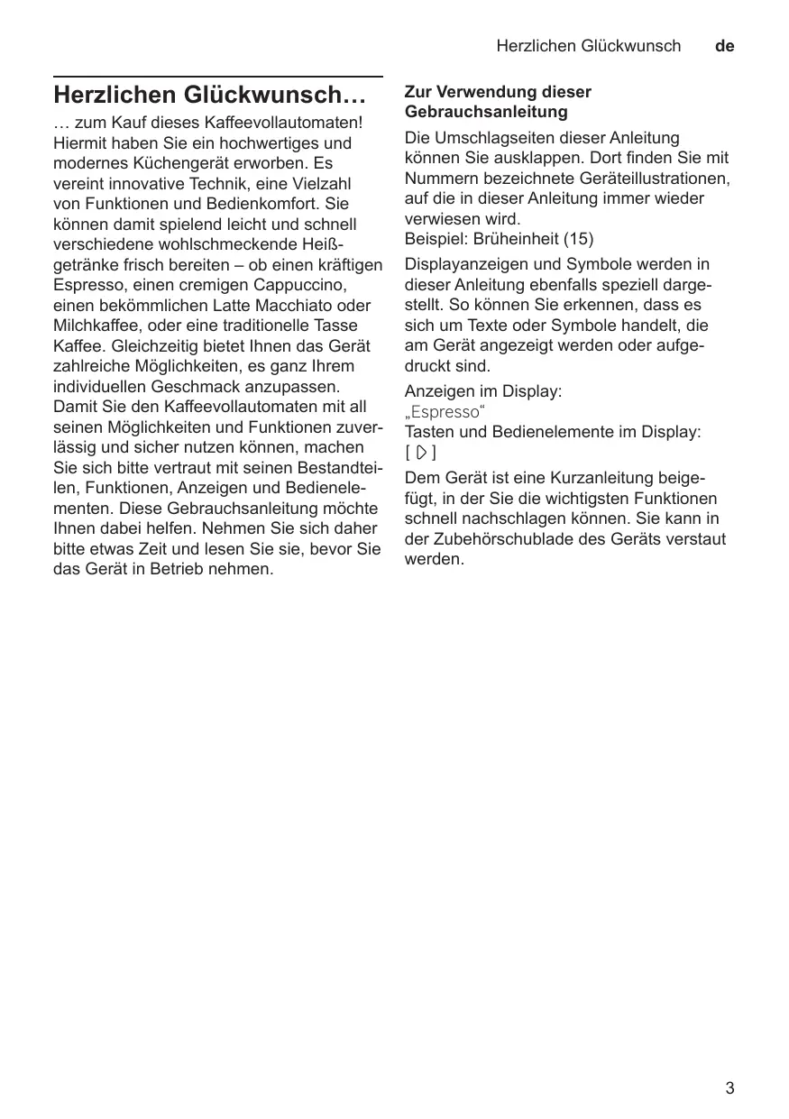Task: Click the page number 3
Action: [729, 1088]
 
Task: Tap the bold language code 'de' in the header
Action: [724, 46]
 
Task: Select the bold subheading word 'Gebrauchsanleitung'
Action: [486, 112]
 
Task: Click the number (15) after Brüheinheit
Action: [577, 240]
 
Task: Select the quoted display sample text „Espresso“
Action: [445, 412]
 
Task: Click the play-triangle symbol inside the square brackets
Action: [420, 453]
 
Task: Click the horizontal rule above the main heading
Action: [218, 78]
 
